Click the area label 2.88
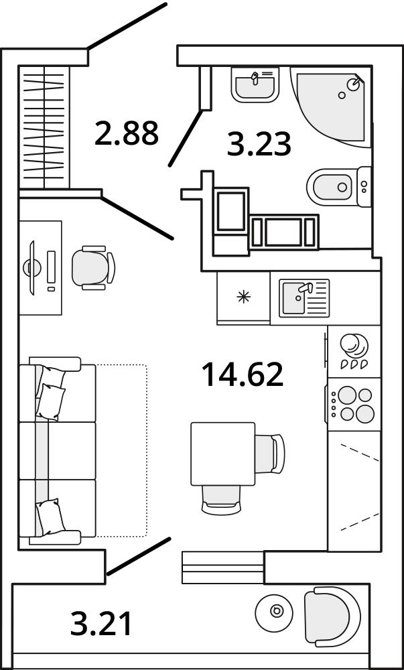pos(127,133)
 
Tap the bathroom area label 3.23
pos(259,144)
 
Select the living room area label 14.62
pos(242,375)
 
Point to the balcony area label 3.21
pos(100,624)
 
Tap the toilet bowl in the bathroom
pos(338,187)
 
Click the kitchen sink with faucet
pos(304,298)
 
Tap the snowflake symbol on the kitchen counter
pos(244,297)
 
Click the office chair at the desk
pos(93,268)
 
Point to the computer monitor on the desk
pos(32,268)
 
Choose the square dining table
pos(223,454)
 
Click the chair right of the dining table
pos(270,454)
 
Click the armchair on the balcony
pos(332,616)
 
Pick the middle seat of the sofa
pos(58,451)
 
